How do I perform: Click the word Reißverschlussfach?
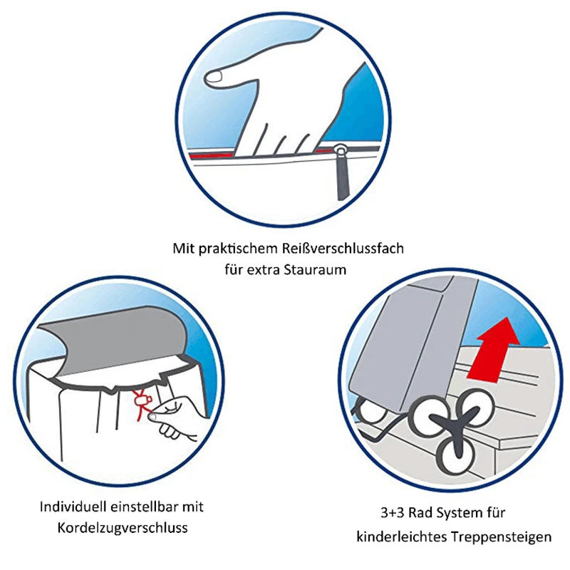tap(343, 249)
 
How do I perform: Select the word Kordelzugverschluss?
tap(123, 528)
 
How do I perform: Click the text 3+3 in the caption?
tap(393, 513)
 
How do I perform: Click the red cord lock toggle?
tap(142, 400)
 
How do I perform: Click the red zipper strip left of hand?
tap(210, 155)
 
